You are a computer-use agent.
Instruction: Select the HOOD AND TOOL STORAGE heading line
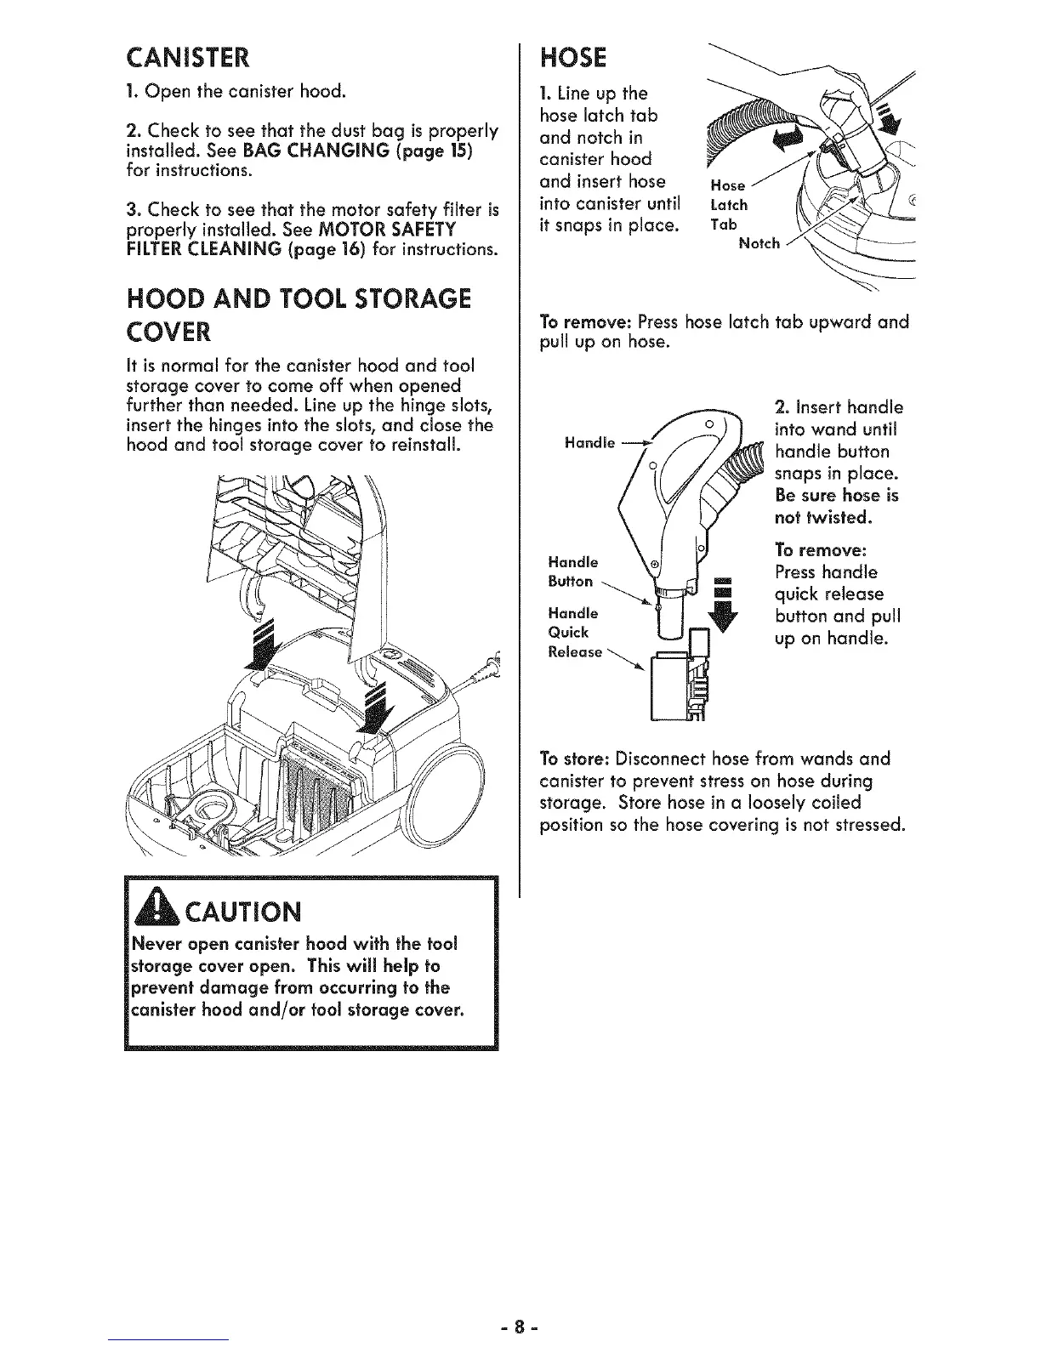[298, 298]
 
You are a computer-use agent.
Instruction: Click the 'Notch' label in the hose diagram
[759, 244]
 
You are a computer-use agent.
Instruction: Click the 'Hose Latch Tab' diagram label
[729, 205]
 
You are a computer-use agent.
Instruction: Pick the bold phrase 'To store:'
[576, 758]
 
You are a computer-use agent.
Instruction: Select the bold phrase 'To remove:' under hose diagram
[585, 322]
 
